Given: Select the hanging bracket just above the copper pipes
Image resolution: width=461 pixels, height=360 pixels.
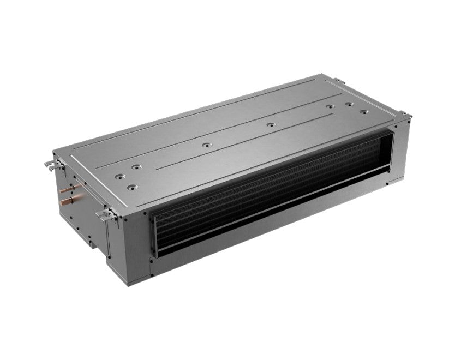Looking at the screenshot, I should (52, 162).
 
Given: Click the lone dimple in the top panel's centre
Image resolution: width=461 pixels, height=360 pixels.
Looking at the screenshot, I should (205, 146).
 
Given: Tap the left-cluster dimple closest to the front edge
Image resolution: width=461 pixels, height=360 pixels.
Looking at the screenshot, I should (131, 187).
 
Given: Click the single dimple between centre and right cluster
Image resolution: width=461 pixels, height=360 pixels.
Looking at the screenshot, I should (270, 125).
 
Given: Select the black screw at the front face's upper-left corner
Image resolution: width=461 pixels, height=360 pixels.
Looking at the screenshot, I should (127, 217).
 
